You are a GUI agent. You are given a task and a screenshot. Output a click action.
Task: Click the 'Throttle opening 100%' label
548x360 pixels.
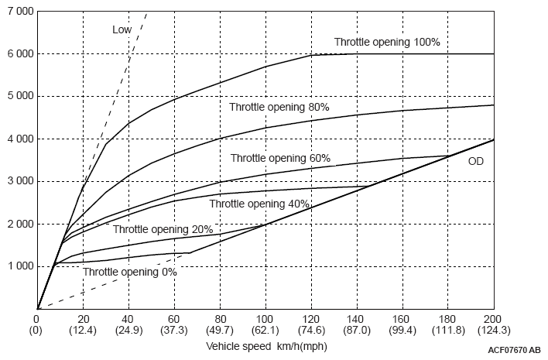[387, 42]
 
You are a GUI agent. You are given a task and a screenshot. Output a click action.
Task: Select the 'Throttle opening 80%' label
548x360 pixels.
[279, 107]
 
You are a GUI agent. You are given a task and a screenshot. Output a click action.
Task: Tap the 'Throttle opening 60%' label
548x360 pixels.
[280, 158]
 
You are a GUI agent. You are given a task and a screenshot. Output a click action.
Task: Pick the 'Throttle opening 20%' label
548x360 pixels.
[163, 229]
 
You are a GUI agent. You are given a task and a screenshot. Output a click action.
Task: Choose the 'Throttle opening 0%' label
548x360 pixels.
[130, 272]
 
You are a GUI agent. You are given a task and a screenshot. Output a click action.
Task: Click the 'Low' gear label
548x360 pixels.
[122, 30]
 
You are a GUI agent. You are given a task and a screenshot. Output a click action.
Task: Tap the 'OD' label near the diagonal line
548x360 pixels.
[476, 162]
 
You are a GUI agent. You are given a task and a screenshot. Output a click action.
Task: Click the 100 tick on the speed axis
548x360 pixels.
[265, 318]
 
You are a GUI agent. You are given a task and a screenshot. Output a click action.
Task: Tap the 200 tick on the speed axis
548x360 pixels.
[494, 318]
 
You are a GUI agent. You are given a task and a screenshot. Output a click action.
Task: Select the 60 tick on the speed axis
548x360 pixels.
[174, 318]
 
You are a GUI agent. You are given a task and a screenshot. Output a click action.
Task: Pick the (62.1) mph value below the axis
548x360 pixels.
[265, 331]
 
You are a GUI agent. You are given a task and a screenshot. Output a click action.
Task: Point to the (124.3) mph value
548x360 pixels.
[494, 331]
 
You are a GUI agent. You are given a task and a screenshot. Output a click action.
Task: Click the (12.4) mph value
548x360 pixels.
[83, 331]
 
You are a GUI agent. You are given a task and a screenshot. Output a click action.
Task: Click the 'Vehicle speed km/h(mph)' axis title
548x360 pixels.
[266, 346]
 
